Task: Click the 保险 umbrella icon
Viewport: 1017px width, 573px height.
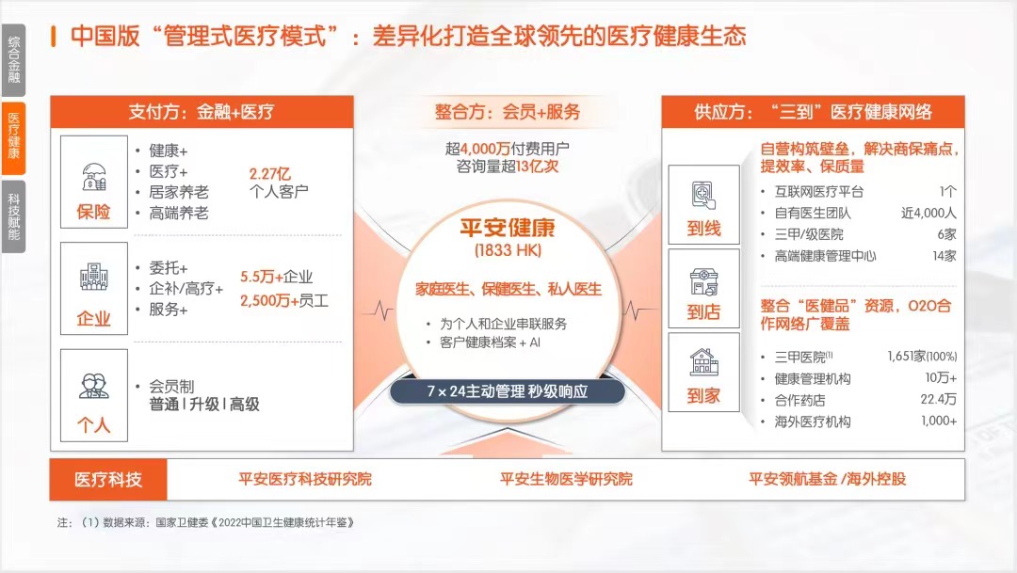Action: (93, 176)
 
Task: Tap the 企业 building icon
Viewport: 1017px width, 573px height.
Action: (93, 277)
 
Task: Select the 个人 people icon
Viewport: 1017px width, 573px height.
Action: (93, 386)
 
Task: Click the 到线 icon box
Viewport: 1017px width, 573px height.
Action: (703, 204)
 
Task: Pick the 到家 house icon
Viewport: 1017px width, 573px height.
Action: (703, 361)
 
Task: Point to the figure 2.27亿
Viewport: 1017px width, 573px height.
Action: (270, 174)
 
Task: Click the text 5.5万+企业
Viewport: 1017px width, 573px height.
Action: (276, 277)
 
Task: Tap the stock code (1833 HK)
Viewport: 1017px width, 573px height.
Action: (508, 251)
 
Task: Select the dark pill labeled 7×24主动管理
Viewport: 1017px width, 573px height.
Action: (508, 391)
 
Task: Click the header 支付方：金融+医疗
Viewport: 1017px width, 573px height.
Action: (202, 111)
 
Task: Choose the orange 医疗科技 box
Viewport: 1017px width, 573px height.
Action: (108, 480)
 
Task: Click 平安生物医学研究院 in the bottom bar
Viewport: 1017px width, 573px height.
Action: (566, 479)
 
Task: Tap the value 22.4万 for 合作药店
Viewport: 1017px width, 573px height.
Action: (939, 399)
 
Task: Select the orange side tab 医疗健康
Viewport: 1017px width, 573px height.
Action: (13, 137)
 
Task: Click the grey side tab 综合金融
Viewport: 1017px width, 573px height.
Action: (13, 59)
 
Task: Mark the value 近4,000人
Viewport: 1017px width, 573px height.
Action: (928, 213)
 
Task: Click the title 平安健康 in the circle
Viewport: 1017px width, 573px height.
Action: (508, 228)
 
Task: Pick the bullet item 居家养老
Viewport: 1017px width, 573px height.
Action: (179, 193)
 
